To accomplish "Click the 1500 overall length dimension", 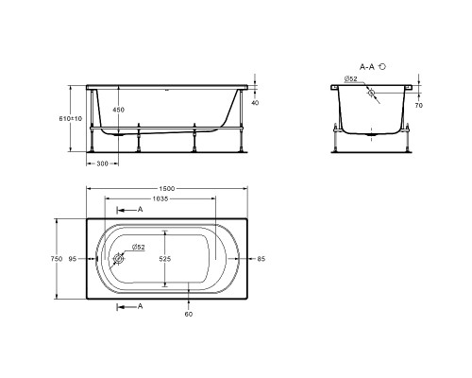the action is tap(167, 188).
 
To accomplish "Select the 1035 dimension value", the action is tap(160, 198).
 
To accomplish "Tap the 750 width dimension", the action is tap(57, 259).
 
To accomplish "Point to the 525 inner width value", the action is tap(165, 259).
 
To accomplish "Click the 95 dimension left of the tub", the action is tap(73, 259).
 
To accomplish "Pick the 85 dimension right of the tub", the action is tap(261, 259).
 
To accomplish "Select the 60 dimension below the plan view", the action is tap(189, 314).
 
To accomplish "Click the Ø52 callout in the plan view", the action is tap(138, 247).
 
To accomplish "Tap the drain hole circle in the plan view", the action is tap(119, 259).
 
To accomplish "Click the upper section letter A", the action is tap(141, 209).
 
